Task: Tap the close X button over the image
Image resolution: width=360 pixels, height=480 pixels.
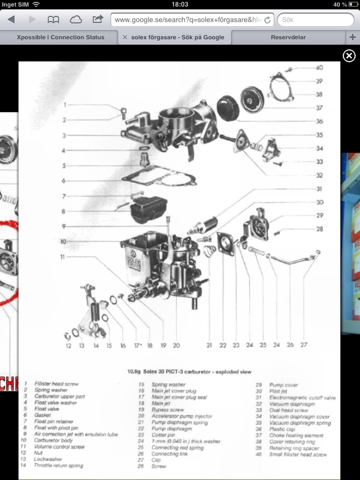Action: click(349, 56)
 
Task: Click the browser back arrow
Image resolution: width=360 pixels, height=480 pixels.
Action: click(11, 20)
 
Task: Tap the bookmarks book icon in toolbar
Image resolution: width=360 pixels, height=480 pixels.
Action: click(53, 20)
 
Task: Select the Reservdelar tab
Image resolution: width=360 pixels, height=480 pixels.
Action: click(288, 37)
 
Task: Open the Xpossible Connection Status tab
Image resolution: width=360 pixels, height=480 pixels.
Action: click(60, 37)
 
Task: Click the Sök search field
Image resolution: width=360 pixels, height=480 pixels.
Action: click(315, 20)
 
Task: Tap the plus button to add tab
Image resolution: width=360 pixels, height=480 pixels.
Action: click(353, 37)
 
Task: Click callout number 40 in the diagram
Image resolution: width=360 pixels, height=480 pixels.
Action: click(319, 68)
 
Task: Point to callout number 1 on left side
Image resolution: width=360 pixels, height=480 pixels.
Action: click(65, 105)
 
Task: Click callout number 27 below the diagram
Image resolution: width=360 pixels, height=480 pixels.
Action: click(304, 345)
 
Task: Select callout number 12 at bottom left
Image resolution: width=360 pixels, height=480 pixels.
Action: click(68, 346)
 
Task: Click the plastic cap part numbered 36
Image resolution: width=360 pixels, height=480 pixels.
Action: click(228, 108)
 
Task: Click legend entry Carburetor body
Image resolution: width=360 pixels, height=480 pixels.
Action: click(53, 441)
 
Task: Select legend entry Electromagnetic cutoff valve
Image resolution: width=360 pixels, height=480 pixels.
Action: click(302, 397)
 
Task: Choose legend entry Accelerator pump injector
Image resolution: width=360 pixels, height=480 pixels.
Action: click(182, 416)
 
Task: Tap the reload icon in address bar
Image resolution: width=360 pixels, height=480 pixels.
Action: click(267, 20)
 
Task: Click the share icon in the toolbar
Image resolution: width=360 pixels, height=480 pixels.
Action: click(97, 20)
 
